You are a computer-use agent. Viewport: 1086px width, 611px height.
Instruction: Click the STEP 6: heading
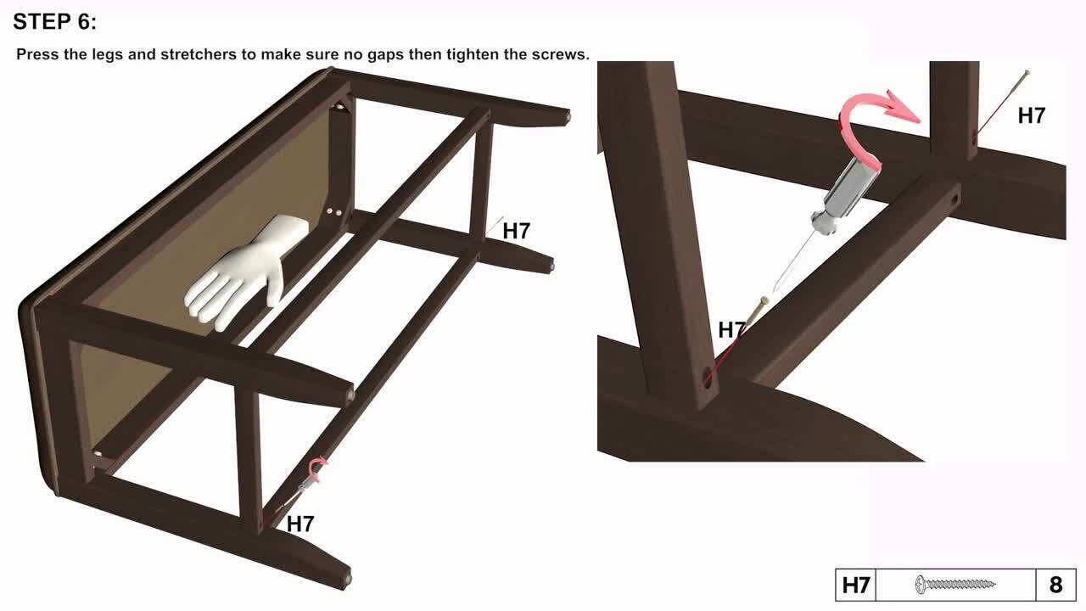[55, 22]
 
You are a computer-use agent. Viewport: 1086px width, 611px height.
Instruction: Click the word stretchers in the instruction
[199, 54]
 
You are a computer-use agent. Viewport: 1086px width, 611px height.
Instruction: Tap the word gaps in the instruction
[386, 54]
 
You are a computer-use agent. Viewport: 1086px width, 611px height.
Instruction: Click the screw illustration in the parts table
[955, 585]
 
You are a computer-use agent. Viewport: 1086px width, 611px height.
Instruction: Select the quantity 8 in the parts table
[1055, 585]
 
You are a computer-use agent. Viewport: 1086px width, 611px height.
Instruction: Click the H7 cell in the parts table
[856, 585]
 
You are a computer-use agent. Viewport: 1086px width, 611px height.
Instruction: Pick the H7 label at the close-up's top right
[1031, 116]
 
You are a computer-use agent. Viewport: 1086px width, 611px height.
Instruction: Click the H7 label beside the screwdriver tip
[731, 330]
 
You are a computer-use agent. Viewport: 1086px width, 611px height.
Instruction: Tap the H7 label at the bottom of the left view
[300, 524]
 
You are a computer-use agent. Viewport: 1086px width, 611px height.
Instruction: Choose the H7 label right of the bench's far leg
[517, 231]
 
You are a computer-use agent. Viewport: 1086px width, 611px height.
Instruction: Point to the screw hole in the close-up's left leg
[708, 378]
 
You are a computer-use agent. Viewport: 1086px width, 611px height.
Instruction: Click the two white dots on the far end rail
[334, 212]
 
